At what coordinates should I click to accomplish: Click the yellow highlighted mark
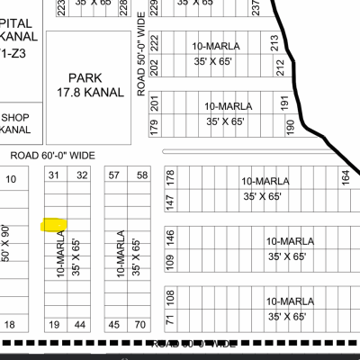pyautogui.click(x=56, y=223)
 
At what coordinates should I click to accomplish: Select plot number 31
pyautogui.click(x=55, y=175)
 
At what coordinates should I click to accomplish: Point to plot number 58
pyautogui.click(x=142, y=175)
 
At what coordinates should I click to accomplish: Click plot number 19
pyautogui.click(x=54, y=324)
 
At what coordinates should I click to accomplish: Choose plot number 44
pyautogui.click(x=81, y=324)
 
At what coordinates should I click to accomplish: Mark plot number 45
pyautogui.click(x=114, y=324)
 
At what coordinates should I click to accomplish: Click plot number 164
pyautogui.click(x=346, y=177)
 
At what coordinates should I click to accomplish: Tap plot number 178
pyautogui.click(x=169, y=177)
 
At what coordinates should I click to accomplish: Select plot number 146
pyautogui.click(x=169, y=238)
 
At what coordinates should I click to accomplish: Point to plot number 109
pyautogui.click(x=169, y=262)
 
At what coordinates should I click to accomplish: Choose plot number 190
pyautogui.click(x=290, y=128)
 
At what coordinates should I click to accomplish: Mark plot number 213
pyautogui.click(x=274, y=41)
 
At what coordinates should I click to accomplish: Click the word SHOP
pyautogui.click(x=15, y=118)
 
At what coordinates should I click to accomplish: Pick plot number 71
pyautogui.click(x=169, y=319)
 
